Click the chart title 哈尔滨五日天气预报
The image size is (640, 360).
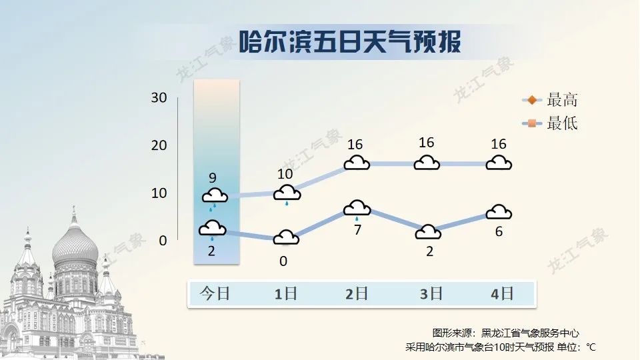click(x=350, y=41)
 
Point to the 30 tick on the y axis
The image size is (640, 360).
click(x=159, y=97)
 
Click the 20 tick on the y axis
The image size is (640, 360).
click(x=159, y=145)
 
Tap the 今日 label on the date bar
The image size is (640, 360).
click(x=215, y=293)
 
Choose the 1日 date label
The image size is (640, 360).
click(x=285, y=293)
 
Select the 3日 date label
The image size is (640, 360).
click(x=431, y=293)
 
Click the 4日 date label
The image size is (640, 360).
click(x=502, y=293)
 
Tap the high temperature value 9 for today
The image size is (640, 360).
click(x=213, y=178)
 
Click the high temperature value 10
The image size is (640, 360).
click(x=285, y=174)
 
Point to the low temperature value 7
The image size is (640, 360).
click(x=357, y=230)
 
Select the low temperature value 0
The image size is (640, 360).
click(x=283, y=261)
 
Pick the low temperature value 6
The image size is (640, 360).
click(x=499, y=232)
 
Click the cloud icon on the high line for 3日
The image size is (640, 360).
click(x=427, y=163)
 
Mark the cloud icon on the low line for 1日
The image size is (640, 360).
click(x=286, y=237)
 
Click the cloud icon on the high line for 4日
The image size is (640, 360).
click(x=499, y=163)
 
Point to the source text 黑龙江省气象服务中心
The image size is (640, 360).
click(x=530, y=333)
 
